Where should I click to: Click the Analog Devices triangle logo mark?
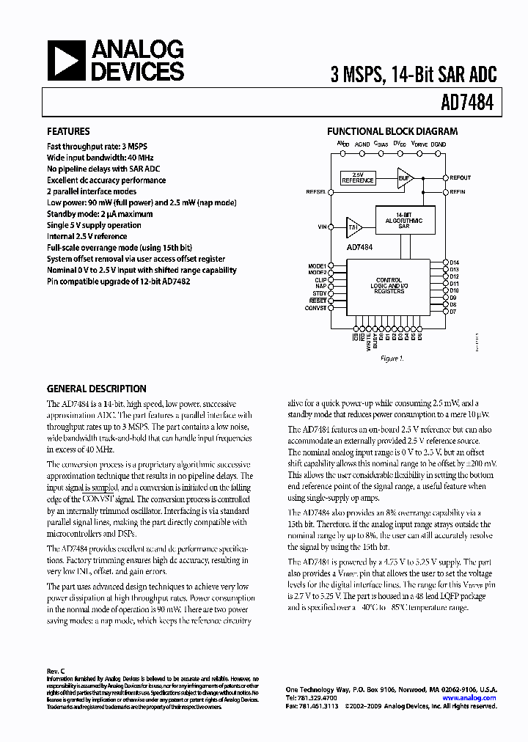65,60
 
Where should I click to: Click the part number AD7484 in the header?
468,104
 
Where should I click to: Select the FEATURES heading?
68,132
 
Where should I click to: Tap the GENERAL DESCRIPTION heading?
96,389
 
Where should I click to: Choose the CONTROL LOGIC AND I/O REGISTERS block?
389,286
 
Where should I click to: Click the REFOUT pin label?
461,178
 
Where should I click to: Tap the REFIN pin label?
458,191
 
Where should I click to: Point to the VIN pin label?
322,227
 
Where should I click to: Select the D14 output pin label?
454,262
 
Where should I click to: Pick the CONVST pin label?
315,308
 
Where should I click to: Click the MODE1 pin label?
317,265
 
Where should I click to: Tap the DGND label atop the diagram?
439,145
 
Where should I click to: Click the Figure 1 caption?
391,359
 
